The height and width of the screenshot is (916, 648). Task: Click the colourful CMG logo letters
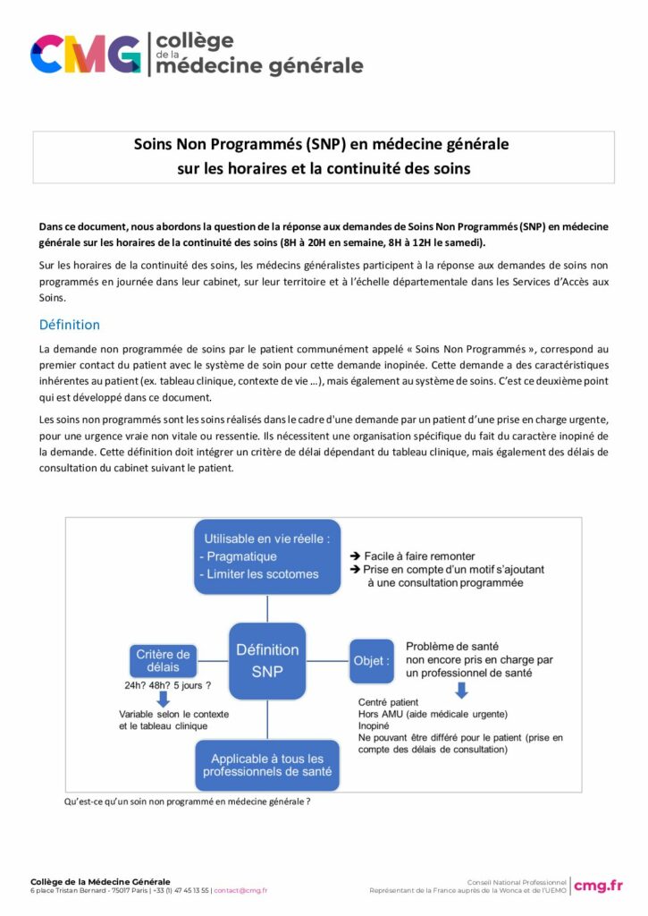tap(85, 54)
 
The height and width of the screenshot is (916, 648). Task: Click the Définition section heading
tap(70, 325)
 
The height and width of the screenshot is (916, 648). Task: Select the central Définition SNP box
tap(267, 661)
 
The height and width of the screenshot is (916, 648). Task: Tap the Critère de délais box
tap(164, 661)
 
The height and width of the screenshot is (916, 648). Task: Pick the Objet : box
tap(371, 661)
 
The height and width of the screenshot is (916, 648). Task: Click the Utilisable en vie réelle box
tap(267, 556)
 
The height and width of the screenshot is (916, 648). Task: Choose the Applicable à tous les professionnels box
tap(267, 764)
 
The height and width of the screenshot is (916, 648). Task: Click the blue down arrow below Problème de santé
tap(461, 690)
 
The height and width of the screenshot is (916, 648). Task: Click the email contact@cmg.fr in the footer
tap(240, 891)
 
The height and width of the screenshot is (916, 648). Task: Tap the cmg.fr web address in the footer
tap(598, 886)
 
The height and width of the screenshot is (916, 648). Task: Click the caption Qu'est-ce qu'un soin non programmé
tap(187, 801)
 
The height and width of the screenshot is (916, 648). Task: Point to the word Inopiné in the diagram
tap(374, 726)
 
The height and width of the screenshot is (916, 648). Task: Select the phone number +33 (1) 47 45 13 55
tap(181, 891)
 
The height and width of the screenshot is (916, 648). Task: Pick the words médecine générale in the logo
tap(259, 65)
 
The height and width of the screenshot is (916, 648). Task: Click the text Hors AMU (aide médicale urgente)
tap(432, 714)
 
